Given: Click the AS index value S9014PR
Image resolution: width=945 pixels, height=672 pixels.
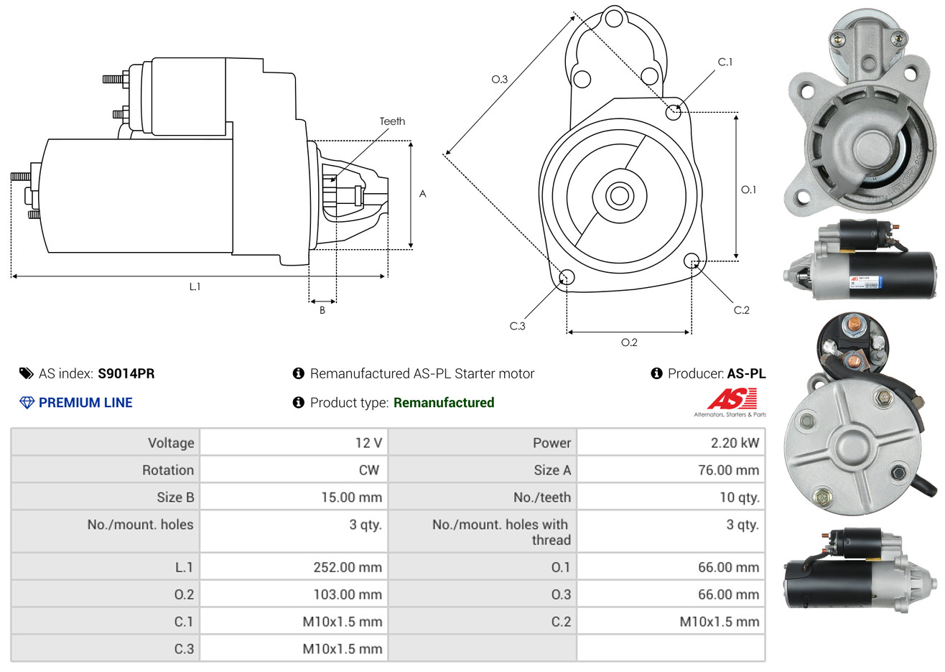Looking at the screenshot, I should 126,373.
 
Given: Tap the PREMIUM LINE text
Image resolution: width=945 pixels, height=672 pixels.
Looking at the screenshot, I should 85,403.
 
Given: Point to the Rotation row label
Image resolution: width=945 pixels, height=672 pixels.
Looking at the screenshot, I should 168,470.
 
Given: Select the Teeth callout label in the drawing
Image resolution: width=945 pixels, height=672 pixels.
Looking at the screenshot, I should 392,121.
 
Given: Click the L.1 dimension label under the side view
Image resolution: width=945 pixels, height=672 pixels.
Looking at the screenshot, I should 195,286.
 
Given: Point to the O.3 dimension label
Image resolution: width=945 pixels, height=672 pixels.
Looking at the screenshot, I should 499,80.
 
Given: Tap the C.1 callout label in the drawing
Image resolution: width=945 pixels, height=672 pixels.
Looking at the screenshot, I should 725,62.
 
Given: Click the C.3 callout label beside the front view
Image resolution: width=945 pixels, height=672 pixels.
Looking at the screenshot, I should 517,326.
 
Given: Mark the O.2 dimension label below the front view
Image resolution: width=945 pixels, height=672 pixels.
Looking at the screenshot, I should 629,342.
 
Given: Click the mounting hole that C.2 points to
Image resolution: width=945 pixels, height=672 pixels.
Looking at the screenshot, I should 692,260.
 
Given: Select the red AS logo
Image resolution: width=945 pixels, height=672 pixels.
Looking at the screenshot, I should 732,399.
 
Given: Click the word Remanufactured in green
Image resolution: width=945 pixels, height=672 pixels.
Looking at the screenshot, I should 444,403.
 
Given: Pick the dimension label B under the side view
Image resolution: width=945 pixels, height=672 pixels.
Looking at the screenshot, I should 322,310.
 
